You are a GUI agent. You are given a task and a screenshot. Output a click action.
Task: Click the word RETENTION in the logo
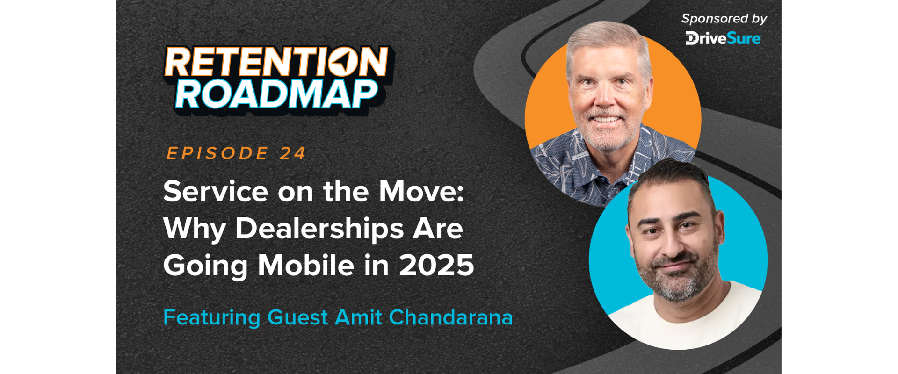click(x=276, y=62)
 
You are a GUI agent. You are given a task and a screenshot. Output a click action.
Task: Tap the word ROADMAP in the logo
click(x=276, y=95)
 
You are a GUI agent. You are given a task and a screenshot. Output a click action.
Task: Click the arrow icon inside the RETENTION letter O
click(x=344, y=62)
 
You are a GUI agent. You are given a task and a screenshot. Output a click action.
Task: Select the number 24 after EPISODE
click(x=293, y=153)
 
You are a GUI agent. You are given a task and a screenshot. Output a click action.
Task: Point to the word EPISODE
click(x=217, y=153)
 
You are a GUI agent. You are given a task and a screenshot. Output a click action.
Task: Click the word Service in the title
click(x=216, y=192)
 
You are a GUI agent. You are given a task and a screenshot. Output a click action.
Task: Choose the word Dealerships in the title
click(x=319, y=230)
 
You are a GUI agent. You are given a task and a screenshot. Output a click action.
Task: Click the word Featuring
click(x=211, y=318)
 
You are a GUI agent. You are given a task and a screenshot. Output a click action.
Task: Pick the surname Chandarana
click(x=451, y=317)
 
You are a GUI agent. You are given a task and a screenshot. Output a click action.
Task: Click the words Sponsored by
click(x=724, y=19)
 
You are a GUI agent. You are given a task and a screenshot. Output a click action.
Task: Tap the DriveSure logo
click(x=723, y=38)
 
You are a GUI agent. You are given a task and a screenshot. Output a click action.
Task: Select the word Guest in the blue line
click(x=297, y=317)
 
